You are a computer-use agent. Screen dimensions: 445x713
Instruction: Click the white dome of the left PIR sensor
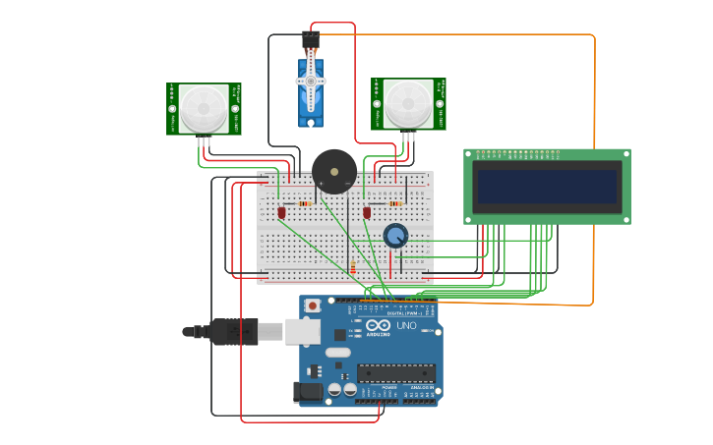[x=204, y=107]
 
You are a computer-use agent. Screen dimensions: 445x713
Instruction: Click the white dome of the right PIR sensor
[x=406, y=103]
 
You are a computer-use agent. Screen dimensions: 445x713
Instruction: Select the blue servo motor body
[x=311, y=94]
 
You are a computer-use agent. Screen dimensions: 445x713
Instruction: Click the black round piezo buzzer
[x=334, y=171]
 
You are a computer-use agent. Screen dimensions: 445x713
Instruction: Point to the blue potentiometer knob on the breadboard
[x=395, y=236]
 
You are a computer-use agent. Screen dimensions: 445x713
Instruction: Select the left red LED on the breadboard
[x=281, y=211]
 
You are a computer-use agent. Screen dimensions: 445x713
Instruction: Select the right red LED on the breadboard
[x=367, y=211]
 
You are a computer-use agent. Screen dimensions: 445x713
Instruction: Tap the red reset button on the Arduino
[x=313, y=306]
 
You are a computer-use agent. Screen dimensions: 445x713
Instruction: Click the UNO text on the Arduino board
[x=406, y=325]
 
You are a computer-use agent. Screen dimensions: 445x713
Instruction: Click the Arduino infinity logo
[x=379, y=325]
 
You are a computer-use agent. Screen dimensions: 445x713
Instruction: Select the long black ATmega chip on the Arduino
[x=395, y=372]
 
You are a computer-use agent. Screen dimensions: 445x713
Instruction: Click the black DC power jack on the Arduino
[x=308, y=392]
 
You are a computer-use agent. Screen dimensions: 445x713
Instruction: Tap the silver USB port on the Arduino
[x=303, y=331]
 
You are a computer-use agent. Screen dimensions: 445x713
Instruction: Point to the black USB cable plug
[x=234, y=332]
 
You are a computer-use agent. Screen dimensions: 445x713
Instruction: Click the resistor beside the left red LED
[x=305, y=203]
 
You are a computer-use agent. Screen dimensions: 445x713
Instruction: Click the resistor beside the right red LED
[x=395, y=203]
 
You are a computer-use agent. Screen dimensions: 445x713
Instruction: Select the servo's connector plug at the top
[x=311, y=39]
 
